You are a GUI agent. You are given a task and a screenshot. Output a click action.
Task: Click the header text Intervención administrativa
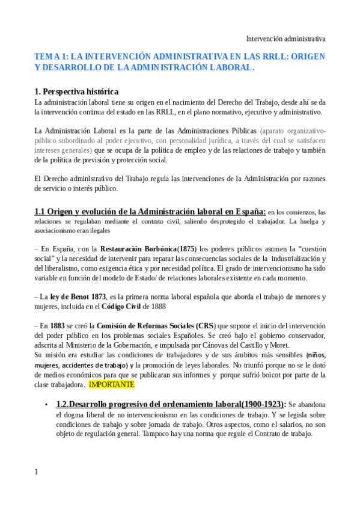tap(286, 38)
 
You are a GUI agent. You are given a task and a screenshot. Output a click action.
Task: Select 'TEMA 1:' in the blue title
tap(52, 57)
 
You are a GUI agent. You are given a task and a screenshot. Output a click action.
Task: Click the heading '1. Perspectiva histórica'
tap(76, 92)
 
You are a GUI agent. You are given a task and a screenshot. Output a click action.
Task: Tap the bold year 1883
tap(67, 325)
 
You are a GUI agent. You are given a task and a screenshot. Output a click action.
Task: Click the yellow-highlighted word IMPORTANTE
tap(112, 384)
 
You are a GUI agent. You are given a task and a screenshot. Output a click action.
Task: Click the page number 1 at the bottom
tap(37, 472)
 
